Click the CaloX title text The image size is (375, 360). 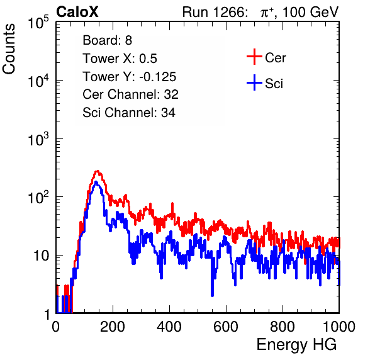[x=77, y=12]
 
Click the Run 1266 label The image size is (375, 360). [x=215, y=12]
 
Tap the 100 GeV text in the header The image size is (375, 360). [x=310, y=12]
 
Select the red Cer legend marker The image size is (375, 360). [x=254, y=57]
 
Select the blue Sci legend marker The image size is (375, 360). [x=254, y=82]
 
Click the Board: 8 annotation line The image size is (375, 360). [x=107, y=40]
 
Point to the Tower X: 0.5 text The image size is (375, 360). [x=120, y=59]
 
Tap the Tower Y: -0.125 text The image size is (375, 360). [x=129, y=77]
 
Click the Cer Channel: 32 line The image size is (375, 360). [x=130, y=94]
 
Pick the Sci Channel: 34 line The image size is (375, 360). [x=129, y=113]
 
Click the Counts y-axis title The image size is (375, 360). [x=9, y=49]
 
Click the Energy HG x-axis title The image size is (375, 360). [x=296, y=345]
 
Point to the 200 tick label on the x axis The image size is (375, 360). [x=113, y=327]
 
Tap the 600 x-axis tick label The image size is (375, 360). [x=226, y=327]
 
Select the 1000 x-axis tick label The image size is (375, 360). [x=339, y=327]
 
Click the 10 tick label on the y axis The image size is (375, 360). [x=42, y=256]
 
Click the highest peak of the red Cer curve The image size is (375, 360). [x=97, y=171]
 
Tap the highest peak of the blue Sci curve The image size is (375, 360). [x=96, y=183]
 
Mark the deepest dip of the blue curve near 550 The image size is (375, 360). [x=212, y=296]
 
